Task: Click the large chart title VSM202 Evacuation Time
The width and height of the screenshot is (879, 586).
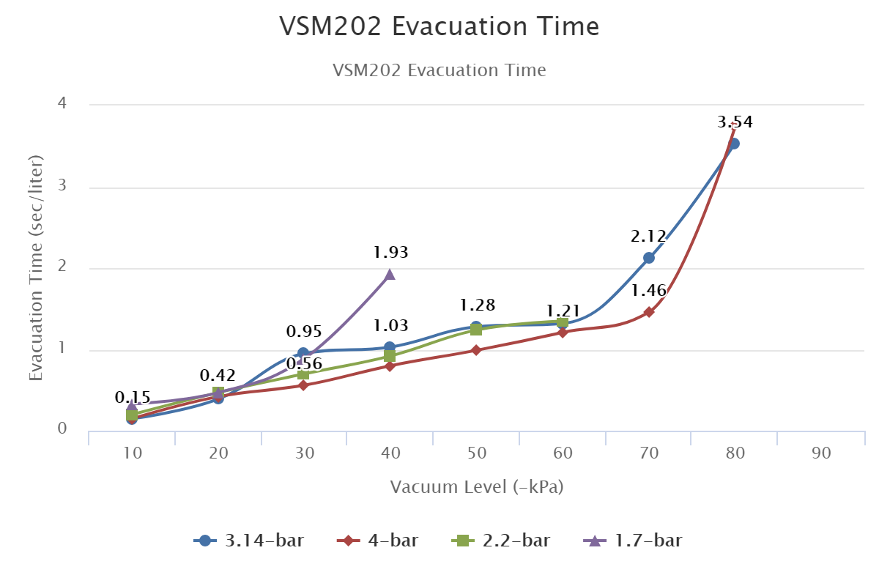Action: (x=439, y=26)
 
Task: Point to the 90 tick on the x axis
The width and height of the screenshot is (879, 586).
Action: (x=821, y=453)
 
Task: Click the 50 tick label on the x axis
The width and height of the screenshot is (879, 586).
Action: (x=477, y=453)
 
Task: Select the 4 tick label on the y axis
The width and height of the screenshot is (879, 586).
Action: (x=62, y=104)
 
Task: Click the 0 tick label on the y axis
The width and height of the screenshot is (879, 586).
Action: (x=62, y=429)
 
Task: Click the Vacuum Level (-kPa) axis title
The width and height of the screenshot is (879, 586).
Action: (x=477, y=487)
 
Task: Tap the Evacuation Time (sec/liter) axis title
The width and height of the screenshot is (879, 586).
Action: (x=35, y=267)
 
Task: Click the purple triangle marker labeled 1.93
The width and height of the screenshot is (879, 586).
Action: (x=390, y=275)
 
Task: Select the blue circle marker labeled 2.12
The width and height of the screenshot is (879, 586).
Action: (x=648, y=258)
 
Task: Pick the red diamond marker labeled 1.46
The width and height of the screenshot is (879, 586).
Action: (x=648, y=312)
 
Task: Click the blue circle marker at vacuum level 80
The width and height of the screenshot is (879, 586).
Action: (x=734, y=144)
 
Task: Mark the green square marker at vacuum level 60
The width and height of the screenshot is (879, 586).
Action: (x=562, y=322)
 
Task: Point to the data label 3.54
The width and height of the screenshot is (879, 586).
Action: (x=735, y=122)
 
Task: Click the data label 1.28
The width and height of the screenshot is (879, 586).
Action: (x=478, y=305)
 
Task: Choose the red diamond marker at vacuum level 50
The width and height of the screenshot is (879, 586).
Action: (x=476, y=350)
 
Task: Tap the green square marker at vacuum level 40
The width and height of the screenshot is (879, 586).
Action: (x=390, y=356)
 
